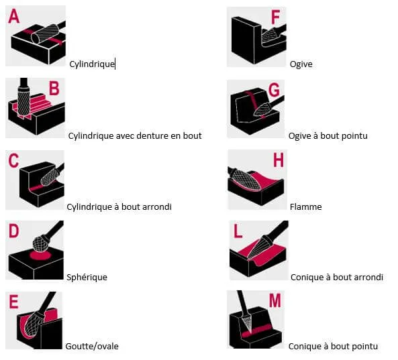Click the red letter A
(13, 16)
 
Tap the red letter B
(54, 88)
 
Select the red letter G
(274, 90)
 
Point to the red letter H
(278, 160)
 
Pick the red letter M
(275, 300)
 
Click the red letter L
(238, 231)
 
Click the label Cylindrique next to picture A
(92, 64)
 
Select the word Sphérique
(87, 277)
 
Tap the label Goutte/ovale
(92, 346)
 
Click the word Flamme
(305, 207)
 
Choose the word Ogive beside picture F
(301, 64)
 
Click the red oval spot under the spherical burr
(40, 255)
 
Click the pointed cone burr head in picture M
(247, 322)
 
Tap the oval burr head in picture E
(34, 325)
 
